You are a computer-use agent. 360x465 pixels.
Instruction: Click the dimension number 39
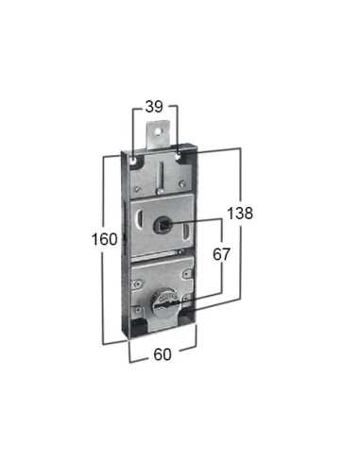click(156, 108)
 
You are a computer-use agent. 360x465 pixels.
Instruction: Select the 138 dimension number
click(241, 215)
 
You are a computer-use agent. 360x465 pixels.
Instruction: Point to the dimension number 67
click(222, 255)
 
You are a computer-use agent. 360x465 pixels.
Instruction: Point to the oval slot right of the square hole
click(188, 219)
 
